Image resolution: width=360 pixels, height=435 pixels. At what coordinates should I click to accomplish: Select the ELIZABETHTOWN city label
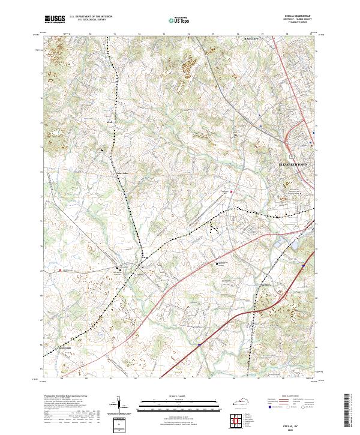[297, 164]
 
